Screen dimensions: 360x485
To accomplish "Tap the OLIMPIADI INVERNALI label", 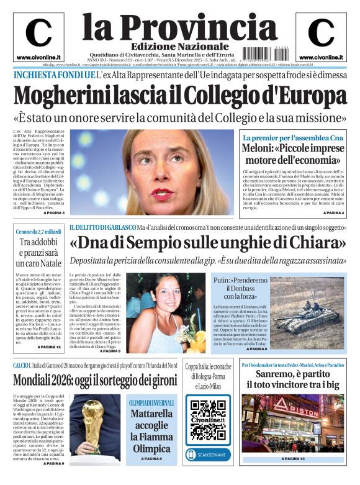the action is pos(151,385).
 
